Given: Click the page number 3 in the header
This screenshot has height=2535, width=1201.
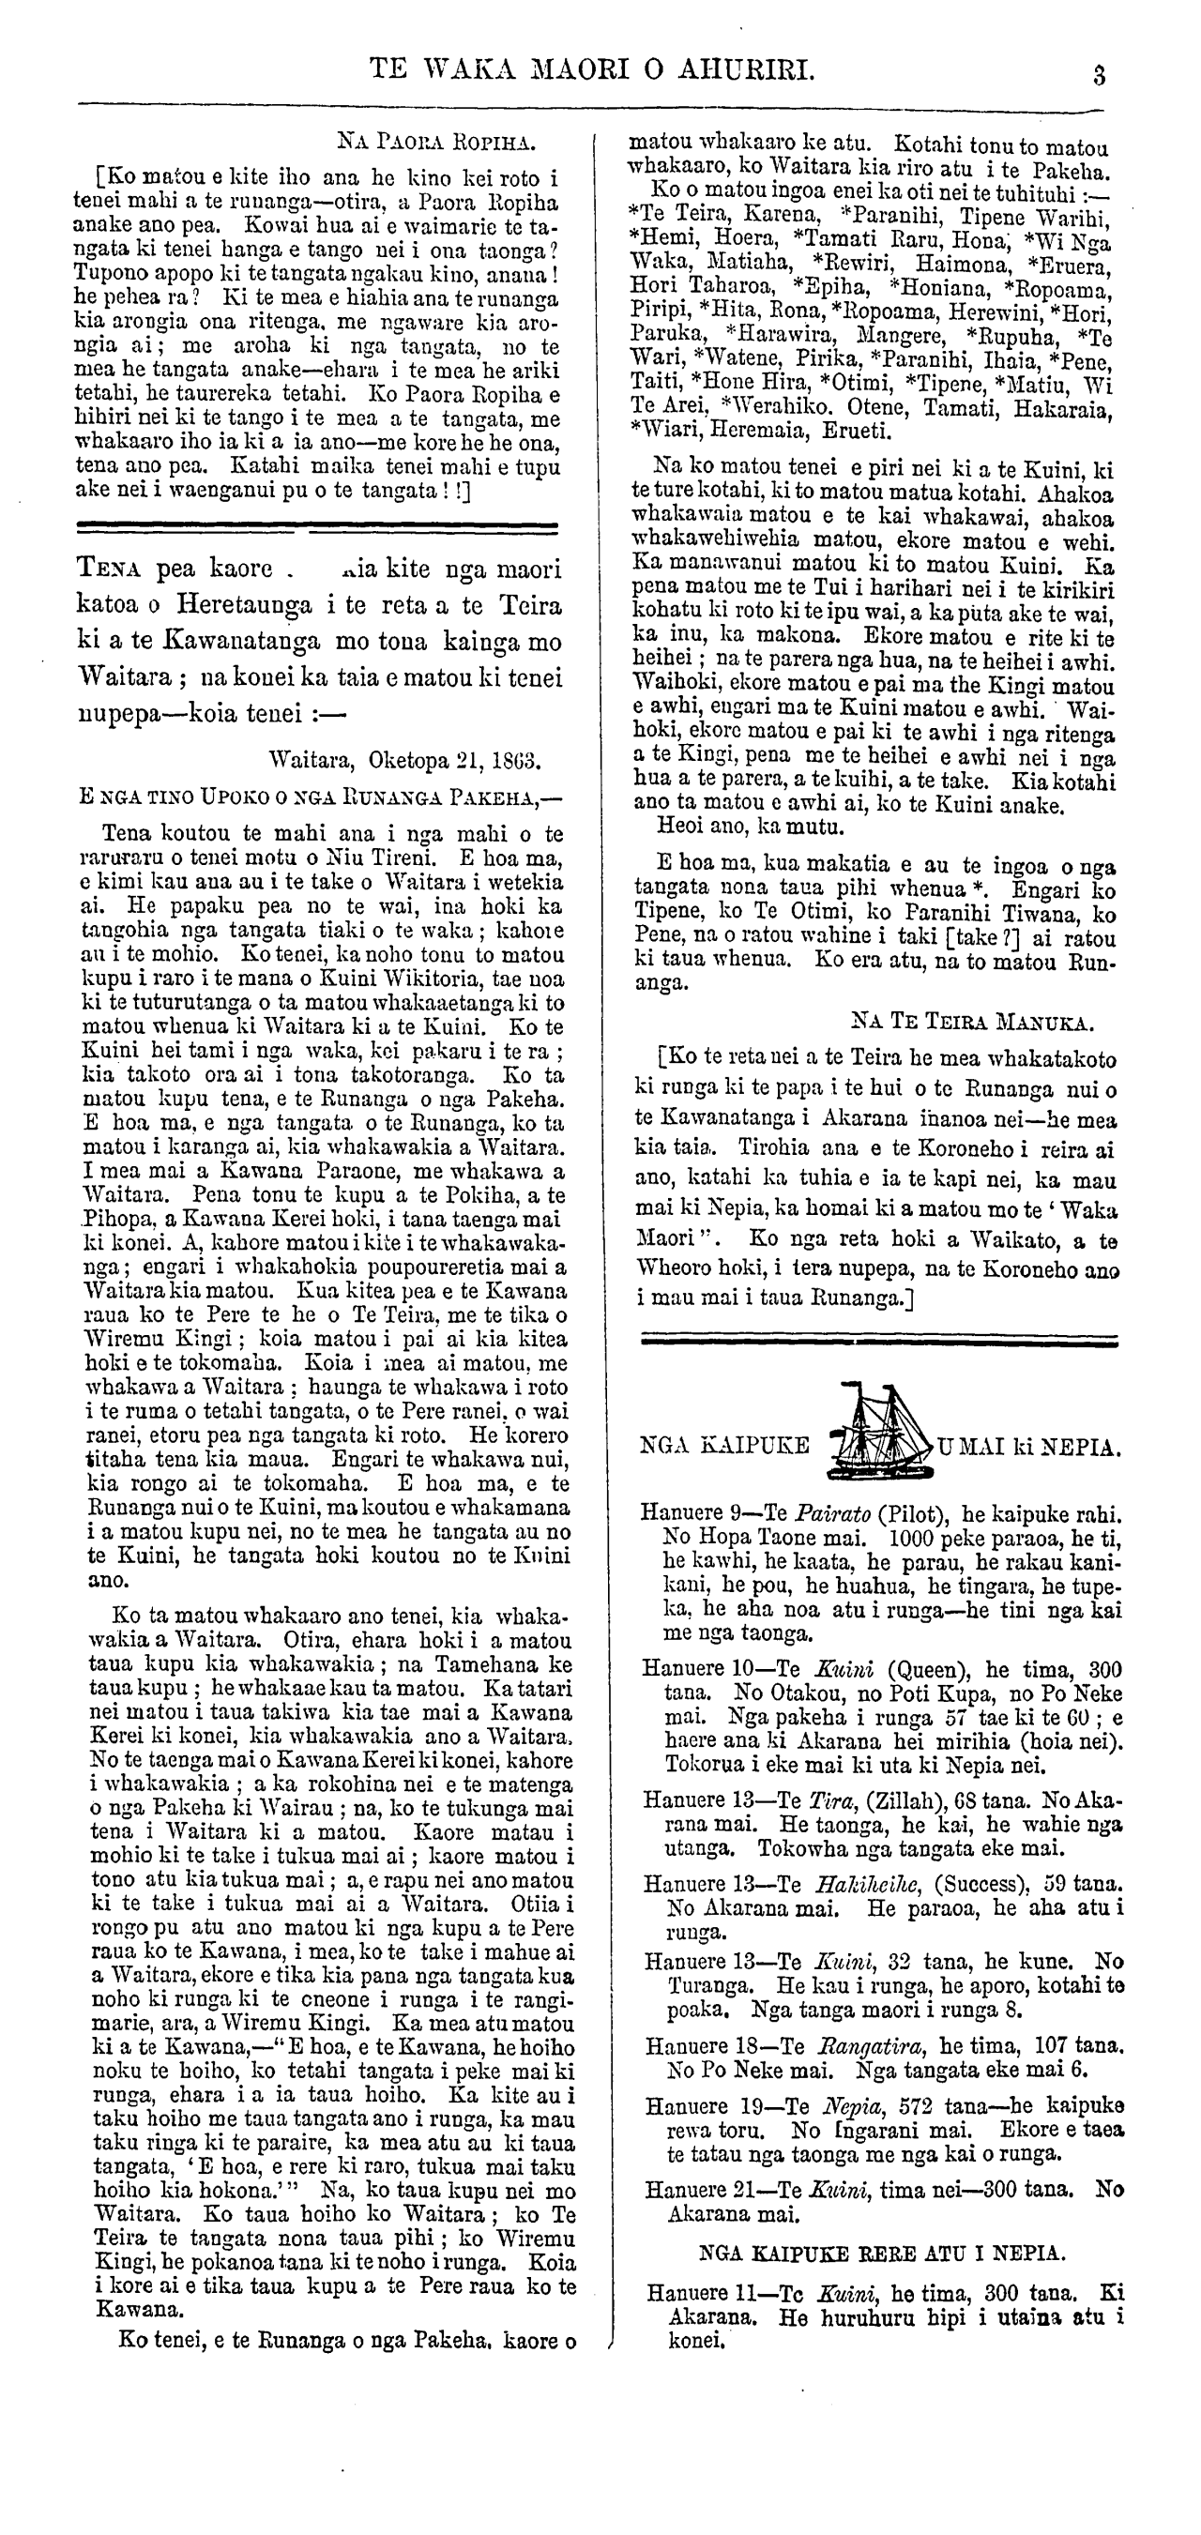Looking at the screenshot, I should click(1100, 76).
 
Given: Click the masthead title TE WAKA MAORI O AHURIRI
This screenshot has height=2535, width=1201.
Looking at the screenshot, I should click(592, 68).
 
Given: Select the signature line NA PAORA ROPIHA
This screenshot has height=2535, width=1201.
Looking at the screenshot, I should click(436, 141).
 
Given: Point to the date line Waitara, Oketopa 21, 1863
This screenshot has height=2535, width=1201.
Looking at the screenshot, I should click(404, 760).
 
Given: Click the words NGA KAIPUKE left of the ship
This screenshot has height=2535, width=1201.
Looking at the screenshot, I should click(724, 1446).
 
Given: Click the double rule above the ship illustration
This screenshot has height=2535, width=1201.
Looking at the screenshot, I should click(879, 1340).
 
